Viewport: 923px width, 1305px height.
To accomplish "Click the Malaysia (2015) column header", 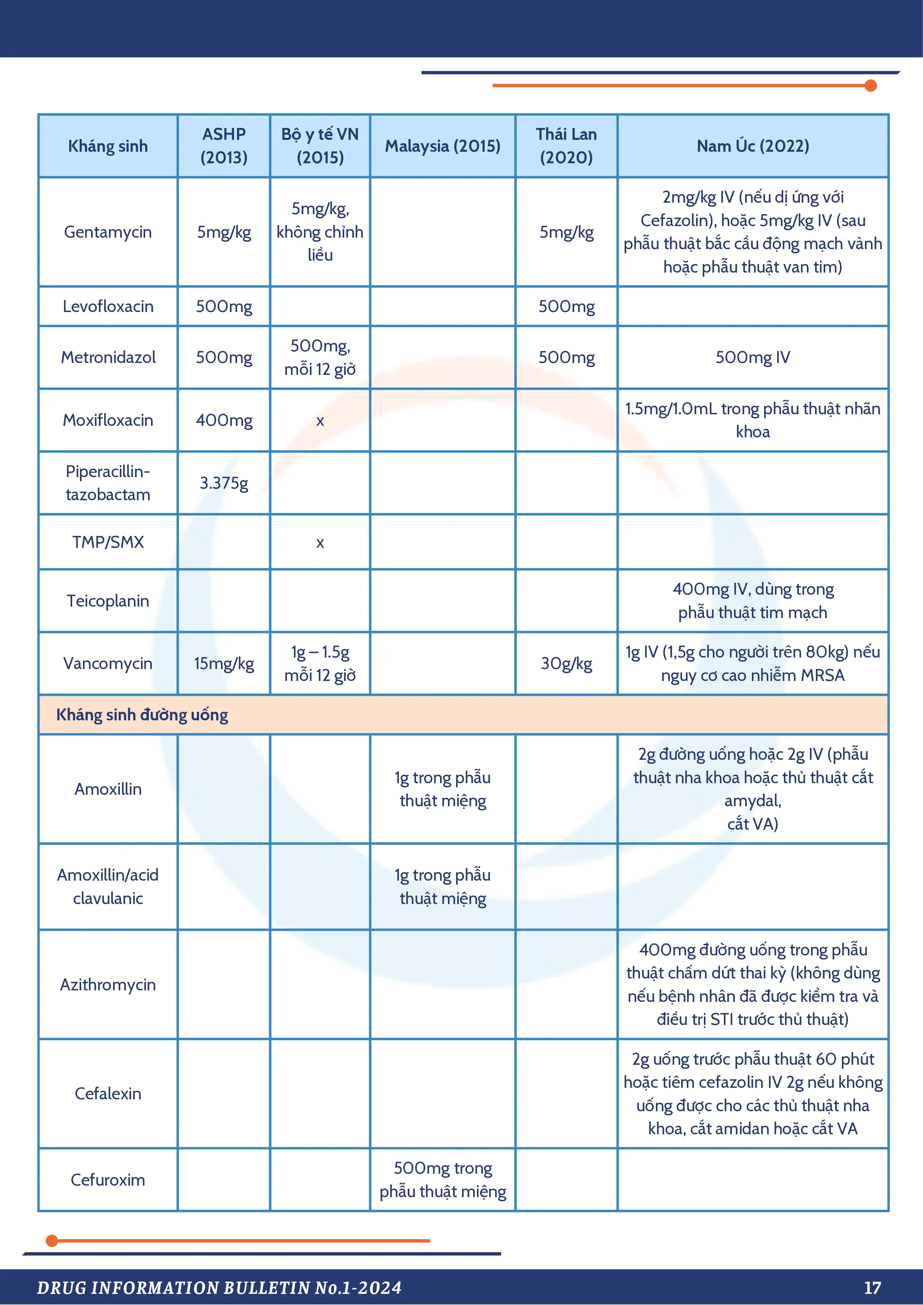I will tap(442, 146).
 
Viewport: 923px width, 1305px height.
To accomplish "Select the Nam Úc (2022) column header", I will tap(752, 146).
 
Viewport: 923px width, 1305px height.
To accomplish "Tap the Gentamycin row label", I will tap(108, 232).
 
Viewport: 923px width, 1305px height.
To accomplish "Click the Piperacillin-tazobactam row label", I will tap(108, 483).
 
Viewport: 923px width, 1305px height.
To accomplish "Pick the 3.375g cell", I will tap(224, 483).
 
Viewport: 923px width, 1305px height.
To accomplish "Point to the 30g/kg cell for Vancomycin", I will tap(567, 663).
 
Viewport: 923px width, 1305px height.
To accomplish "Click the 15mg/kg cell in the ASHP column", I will tap(224, 663).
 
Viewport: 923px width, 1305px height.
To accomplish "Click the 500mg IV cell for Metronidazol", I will tap(752, 357).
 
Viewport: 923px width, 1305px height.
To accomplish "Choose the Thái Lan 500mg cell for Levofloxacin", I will tap(567, 306).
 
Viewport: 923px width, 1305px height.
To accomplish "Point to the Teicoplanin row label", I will tap(108, 601).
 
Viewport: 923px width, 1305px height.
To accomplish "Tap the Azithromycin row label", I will tap(108, 984).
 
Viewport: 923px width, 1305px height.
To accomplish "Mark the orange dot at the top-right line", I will tap(871, 86).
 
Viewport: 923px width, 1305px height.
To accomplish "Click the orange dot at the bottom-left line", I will tap(52, 1241).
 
